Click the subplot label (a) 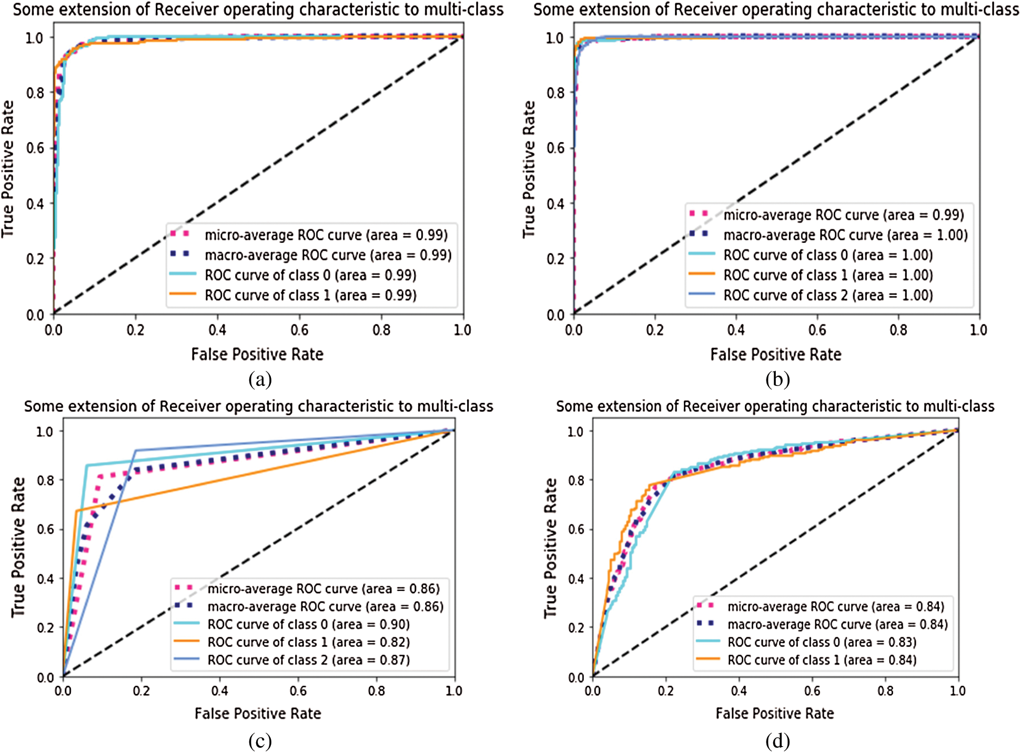pos(260,379)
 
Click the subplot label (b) pos(777,379)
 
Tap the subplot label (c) pos(260,741)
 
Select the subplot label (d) pos(777,741)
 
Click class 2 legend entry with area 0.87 pos(308,660)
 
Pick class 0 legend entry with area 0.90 pos(308,625)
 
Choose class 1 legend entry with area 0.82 pos(308,642)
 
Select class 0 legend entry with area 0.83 pos(821,642)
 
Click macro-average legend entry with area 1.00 pos(845,235)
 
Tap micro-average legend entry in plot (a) pos(326,235)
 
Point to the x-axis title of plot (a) pos(257,354)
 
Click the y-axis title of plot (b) pos(529,169)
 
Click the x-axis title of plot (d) pos(774,714)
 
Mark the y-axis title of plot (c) pos(18,547)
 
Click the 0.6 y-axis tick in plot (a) pos(35,148)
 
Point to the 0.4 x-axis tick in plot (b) pos(736,330)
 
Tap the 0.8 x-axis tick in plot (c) pos(377,691)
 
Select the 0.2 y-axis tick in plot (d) pos(576,628)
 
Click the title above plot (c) pos(259,406)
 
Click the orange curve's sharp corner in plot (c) pos(77,511)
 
